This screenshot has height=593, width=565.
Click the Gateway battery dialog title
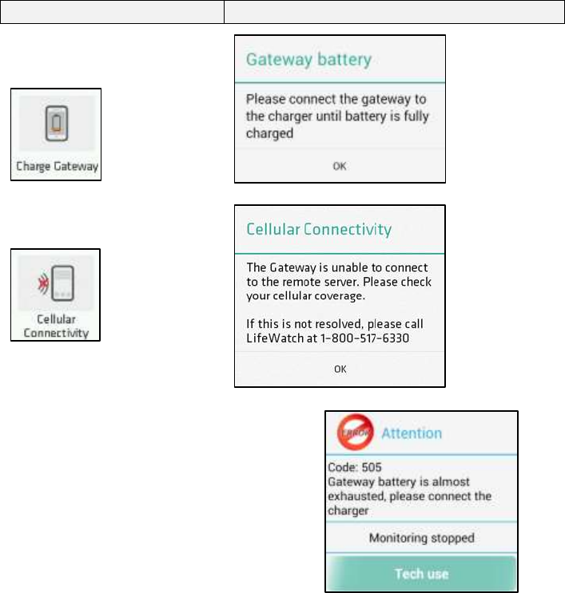pos(308,60)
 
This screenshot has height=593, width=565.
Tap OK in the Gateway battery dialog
pos(340,166)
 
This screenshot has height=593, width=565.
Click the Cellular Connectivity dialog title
pos(318,230)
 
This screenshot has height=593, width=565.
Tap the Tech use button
pos(421,573)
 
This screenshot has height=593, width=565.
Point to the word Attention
pos(411,433)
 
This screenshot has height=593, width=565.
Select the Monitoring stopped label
pos(421,537)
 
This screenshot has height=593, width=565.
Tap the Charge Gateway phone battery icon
pos(55,123)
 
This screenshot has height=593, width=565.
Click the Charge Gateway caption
pos(55,167)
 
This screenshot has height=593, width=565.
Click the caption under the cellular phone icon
pos(55,326)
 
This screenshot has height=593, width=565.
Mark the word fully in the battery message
pos(412,117)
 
